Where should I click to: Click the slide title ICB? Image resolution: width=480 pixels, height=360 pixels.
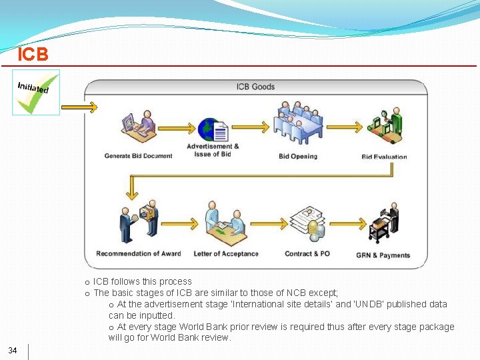(x=33, y=54)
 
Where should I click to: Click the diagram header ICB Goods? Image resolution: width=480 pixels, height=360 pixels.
(x=255, y=87)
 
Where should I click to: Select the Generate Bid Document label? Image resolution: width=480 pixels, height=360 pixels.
(x=138, y=156)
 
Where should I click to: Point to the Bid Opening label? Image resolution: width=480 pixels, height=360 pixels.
(x=298, y=156)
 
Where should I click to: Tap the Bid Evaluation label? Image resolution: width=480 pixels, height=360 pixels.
(x=384, y=157)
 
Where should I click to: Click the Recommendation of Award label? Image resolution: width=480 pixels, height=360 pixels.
(x=138, y=254)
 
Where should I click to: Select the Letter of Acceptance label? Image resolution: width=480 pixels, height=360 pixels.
(x=226, y=254)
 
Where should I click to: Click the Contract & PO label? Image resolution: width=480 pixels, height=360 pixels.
(x=307, y=254)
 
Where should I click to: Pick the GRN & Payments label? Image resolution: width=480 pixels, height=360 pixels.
(x=383, y=255)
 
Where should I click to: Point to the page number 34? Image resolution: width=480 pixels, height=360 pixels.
(x=13, y=351)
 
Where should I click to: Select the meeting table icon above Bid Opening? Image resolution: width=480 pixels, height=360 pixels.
(x=299, y=123)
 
